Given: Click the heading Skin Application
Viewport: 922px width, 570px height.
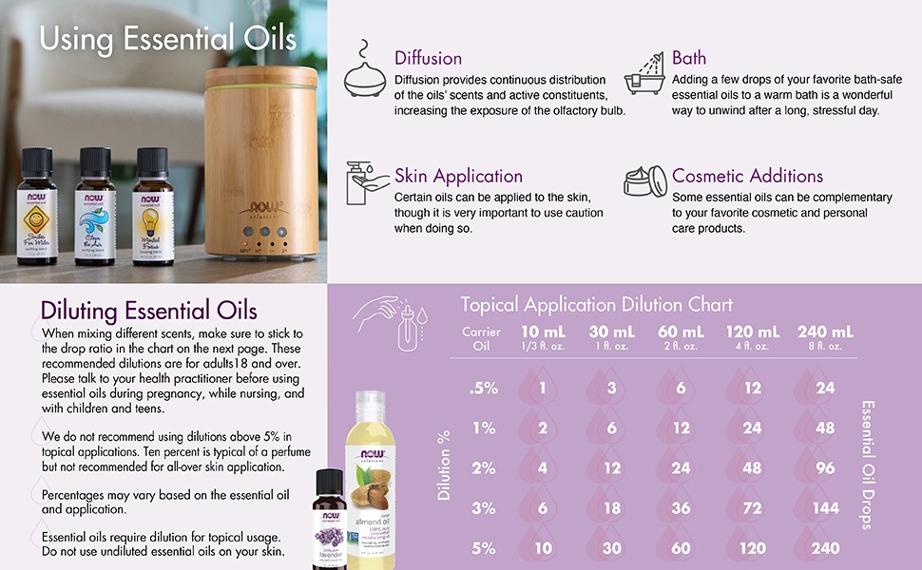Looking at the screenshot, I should tap(458, 176).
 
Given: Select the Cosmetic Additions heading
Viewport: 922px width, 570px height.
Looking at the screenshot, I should tap(747, 176).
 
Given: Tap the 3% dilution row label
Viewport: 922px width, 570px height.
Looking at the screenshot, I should tap(483, 508).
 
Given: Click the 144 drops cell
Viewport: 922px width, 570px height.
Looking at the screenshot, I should tap(825, 508).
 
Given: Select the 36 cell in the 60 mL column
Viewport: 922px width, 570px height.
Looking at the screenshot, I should tap(681, 508).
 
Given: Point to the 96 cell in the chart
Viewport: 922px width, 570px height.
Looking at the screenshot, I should tap(825, 468).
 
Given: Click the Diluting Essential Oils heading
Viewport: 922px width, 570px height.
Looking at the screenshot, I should tap(148, 311).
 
